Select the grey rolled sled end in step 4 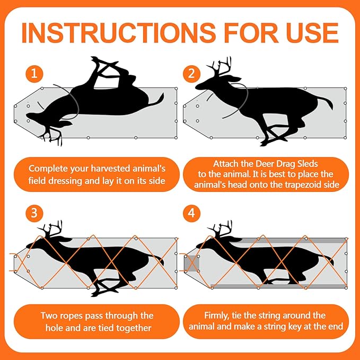point(191,263)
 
